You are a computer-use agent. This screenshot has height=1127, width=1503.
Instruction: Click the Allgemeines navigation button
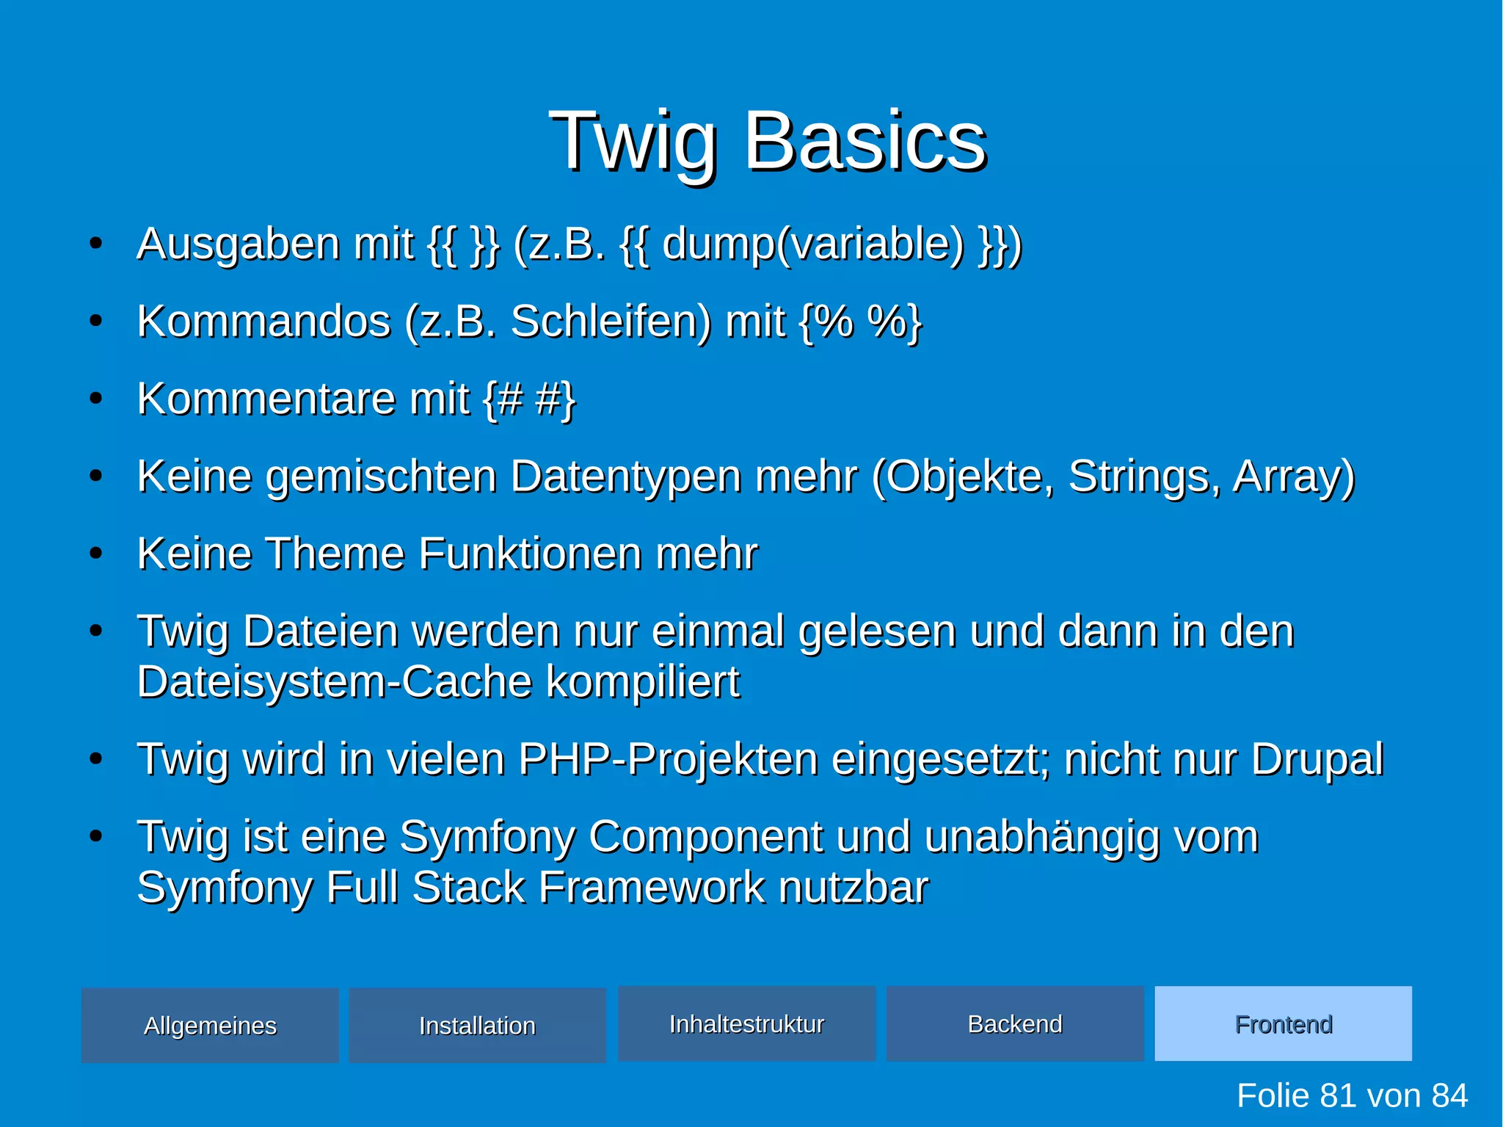coord(210,1025)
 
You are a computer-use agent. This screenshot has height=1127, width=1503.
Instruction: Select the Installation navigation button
coord(477,1025)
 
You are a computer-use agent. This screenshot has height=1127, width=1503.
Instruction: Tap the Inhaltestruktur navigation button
coord(746,1023)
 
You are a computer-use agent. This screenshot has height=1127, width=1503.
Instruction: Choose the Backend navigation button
coord(1015,1023)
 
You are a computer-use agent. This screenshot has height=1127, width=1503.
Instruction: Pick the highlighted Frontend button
coord(1283,1023)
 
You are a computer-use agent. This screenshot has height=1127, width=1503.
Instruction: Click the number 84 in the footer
coord(1449,1095)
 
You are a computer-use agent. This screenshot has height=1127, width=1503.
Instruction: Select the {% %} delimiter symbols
coord(860,322)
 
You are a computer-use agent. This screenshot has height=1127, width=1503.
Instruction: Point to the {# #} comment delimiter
coord(529,399)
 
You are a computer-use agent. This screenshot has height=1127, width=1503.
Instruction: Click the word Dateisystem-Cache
coord(335,682)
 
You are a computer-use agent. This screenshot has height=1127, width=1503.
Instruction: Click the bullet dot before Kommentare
coord(95,399)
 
